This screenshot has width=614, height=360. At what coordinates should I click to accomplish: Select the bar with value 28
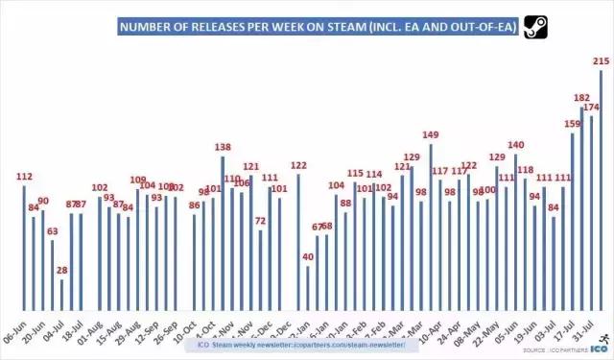61,293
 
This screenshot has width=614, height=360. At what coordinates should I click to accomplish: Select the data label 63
52,230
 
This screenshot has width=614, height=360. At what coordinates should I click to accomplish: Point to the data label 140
515,144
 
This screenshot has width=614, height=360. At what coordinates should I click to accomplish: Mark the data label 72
260,221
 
